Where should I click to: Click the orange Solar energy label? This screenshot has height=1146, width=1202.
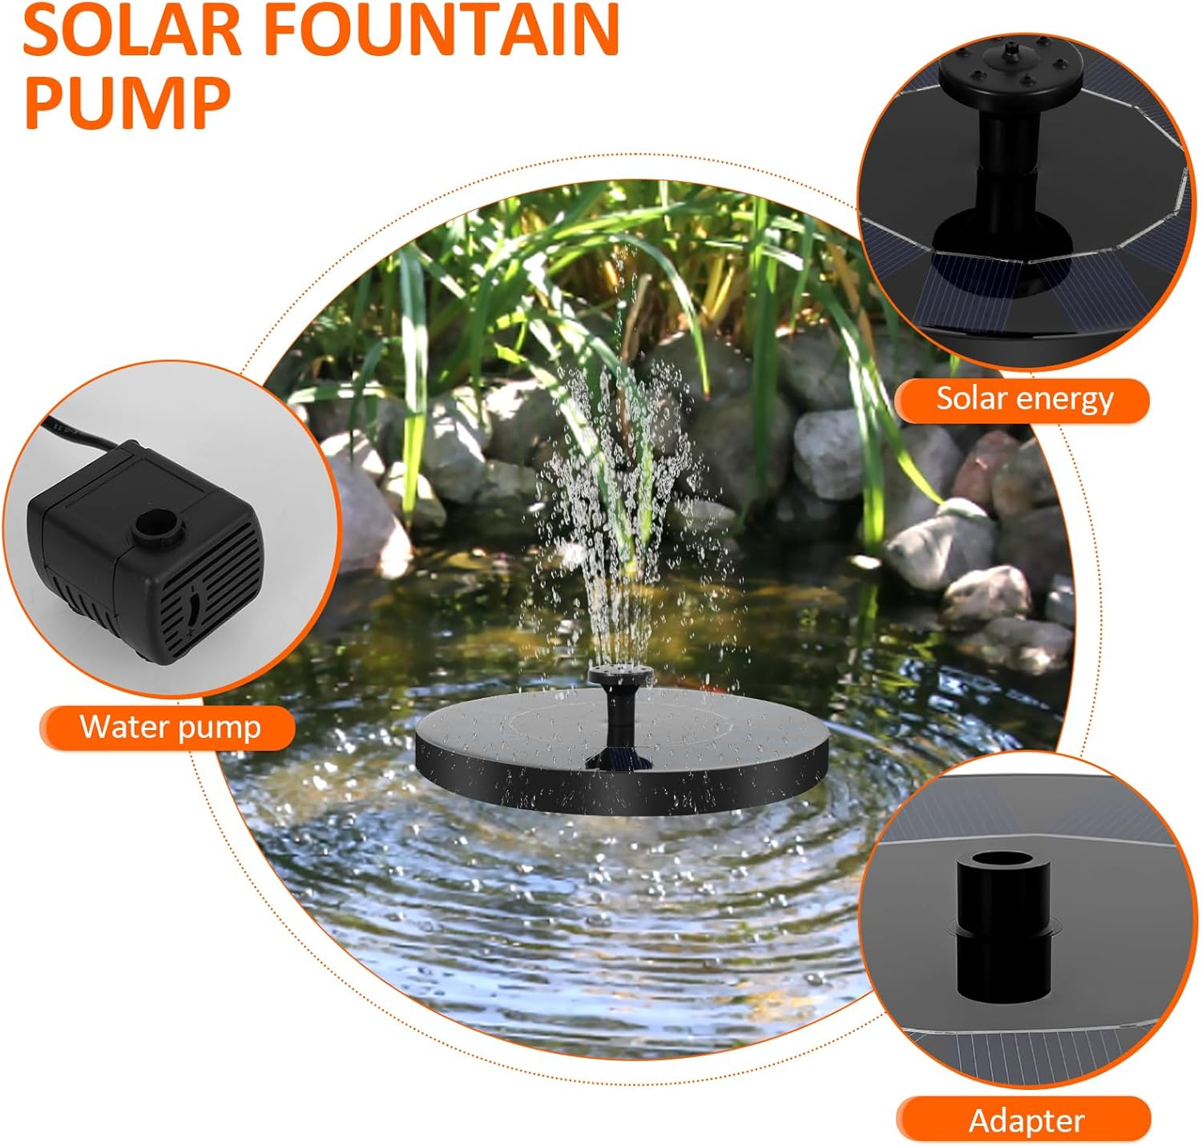[x=1023, y=399]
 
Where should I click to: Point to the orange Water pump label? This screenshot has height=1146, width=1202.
[x=169, y=728]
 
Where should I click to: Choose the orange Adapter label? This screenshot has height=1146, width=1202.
[x=1025, y=1120]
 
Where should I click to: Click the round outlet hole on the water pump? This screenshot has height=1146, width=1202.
[x=159, y=526]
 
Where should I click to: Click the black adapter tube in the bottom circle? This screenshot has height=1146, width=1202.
[x=1001, y=930]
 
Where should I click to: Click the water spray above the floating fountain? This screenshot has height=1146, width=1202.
[x=617, y=497]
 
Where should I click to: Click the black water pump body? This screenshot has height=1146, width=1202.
[x=144, y=553]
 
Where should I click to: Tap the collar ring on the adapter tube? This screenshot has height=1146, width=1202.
[x=1002, y=931]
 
